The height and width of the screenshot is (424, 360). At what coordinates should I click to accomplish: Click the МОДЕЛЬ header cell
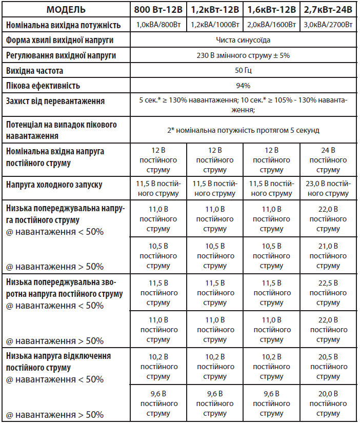click(67, 10)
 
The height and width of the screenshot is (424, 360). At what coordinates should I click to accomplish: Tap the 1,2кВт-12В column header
click(215, 10)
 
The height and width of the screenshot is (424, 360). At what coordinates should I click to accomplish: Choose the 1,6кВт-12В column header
click(272, 10)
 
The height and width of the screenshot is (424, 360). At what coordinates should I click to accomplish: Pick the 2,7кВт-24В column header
click(328, 10)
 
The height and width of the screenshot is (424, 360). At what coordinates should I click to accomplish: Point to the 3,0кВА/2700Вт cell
click(328, 25)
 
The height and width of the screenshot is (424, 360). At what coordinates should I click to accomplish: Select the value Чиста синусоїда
click(244, 39)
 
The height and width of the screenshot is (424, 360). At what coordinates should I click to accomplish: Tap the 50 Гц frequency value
click(244, 70)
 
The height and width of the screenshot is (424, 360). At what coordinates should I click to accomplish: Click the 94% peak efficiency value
click(244, 86)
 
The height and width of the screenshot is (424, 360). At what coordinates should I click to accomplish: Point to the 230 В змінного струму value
click(244, 55)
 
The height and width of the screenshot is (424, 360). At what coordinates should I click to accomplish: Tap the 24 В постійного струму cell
click(328, 160)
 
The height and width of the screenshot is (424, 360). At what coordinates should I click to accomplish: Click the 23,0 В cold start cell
click(328, 188)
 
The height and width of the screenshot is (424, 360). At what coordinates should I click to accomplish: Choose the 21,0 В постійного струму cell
click(328, 256)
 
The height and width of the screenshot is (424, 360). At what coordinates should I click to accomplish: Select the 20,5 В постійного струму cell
click(328, 367)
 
